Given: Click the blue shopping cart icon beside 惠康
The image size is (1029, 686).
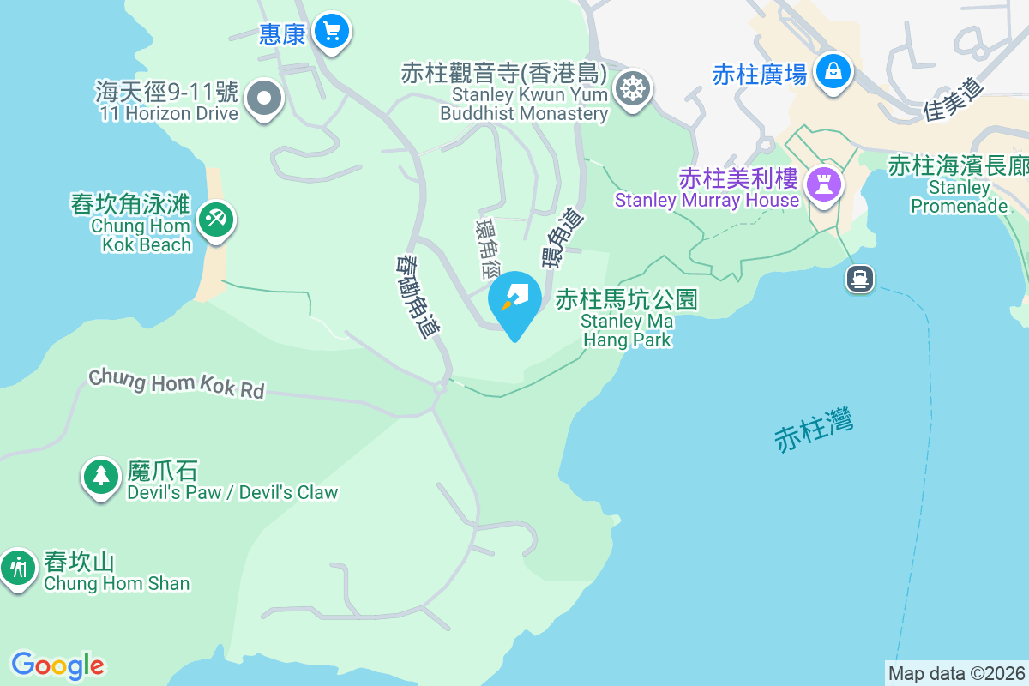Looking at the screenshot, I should [331, 33].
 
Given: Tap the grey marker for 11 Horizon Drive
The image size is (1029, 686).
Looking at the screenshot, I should [264, 99].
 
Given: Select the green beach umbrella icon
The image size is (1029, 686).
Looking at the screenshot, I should [215, 220].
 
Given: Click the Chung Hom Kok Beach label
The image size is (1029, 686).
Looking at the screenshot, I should [141, 235].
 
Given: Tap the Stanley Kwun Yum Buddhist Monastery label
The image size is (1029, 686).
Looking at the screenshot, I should [525, 104].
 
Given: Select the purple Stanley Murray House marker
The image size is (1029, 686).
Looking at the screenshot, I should [824, 183].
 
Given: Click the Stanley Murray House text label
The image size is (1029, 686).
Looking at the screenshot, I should [707, 201].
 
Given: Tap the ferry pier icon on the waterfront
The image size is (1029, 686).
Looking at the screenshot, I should [859, 278].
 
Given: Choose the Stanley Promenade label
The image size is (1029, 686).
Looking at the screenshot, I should [959, 196].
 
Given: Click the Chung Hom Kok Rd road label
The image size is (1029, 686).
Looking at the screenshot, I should [177, 383].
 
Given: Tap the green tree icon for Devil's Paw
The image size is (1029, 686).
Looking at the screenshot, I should [101, 476].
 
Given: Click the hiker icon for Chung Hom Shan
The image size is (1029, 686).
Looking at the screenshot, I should [16, 567].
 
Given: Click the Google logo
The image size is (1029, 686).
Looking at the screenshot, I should [57, 665].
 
